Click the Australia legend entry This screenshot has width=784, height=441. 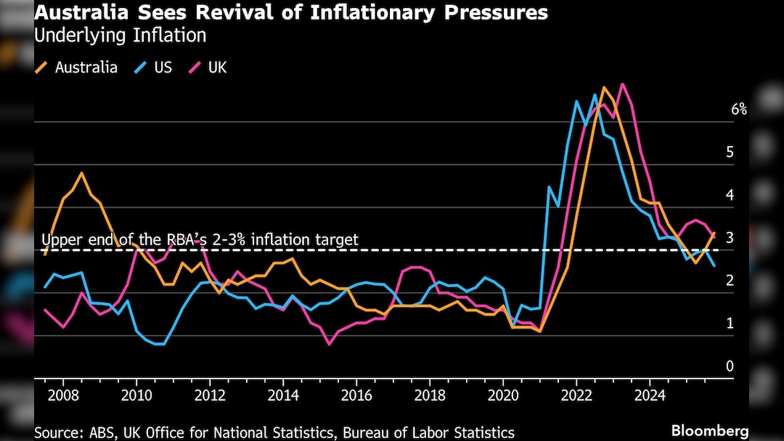(86, 68)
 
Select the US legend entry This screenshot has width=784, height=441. (163, 68)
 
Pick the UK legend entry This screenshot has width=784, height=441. (217, 68)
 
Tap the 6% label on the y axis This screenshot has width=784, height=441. (739, 110)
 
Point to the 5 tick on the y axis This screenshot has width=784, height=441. (730, 153)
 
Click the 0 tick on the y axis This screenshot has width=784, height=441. (730, 367)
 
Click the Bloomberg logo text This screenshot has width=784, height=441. (710, 431)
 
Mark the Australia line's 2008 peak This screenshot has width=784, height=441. (81, 173)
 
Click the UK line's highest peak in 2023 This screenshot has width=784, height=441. (622, 84)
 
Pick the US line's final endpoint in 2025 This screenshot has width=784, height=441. (714, 267)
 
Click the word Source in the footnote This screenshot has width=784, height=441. (58, 432)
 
